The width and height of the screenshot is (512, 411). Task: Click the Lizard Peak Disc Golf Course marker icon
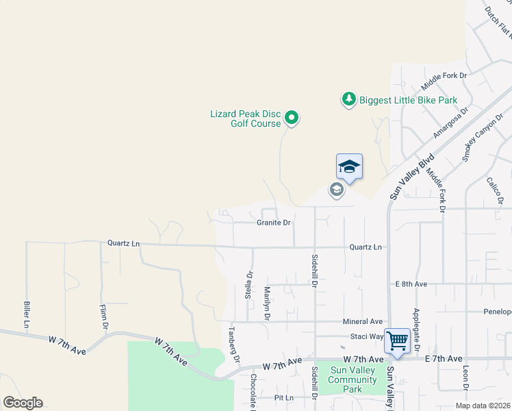tap(292, 119)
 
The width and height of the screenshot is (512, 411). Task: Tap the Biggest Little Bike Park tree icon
tap(349, 100)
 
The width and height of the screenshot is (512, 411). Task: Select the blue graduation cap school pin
tap(349, 167)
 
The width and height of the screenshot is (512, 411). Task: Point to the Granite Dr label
tap(274, 223)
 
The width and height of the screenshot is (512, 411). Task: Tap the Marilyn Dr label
tap(267, 303)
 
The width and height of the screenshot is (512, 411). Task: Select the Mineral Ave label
tap(362, 321)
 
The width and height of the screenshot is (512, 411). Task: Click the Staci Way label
tap(367, 336)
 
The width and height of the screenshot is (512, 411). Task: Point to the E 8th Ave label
tap(411, 284)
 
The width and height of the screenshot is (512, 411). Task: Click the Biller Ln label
tap(27, 314)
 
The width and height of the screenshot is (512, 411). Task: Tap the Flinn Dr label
tap(104, 316)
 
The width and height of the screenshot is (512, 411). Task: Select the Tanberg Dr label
tap(233, 344)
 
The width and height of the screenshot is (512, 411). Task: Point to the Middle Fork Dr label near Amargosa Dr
tap(444, 82)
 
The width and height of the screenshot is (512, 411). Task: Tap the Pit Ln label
tap(283, 397)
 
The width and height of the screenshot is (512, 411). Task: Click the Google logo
tap(23, 403)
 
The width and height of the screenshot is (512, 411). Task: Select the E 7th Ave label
tap(443, 359)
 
